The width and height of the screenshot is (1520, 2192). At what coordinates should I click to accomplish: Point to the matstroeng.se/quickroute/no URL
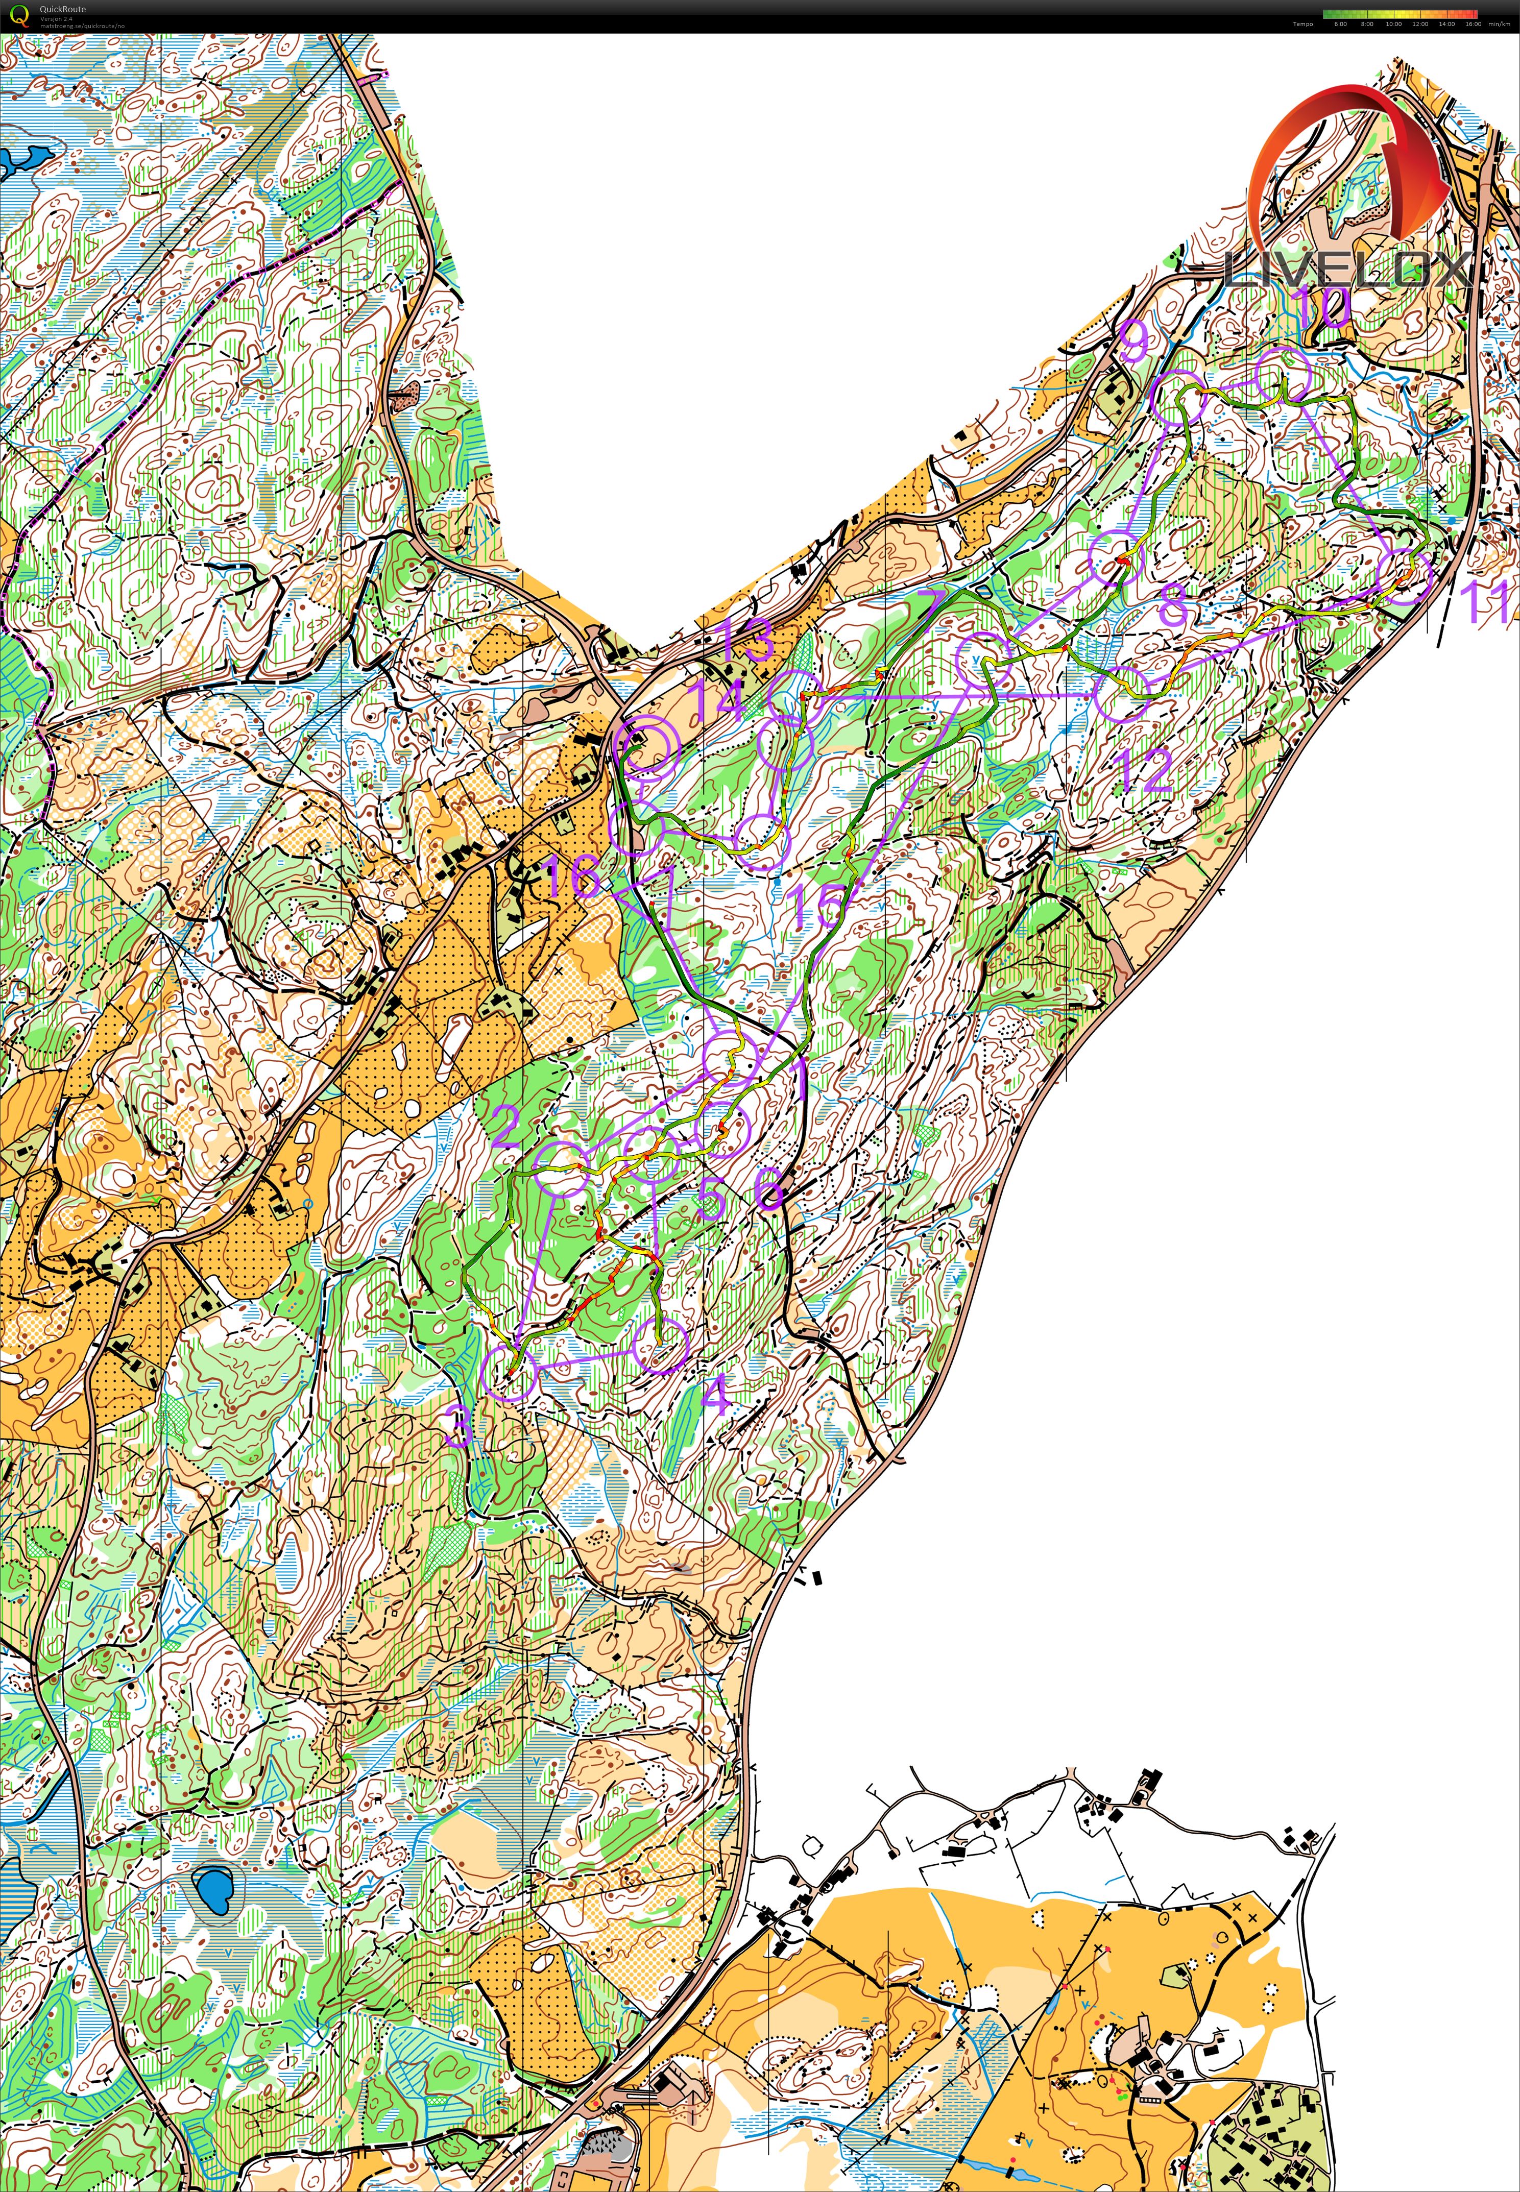(x=82, y=26)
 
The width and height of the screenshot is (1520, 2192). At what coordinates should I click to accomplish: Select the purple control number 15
(x=816, y=905)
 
